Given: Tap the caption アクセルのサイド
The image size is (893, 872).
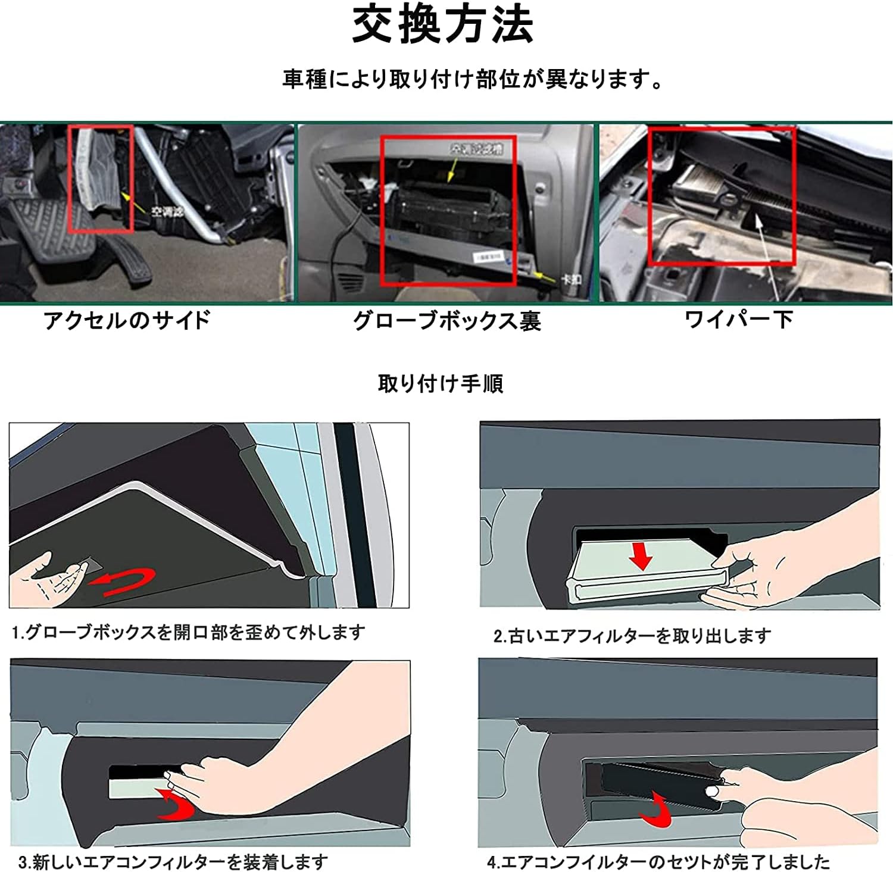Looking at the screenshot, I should point(127,320).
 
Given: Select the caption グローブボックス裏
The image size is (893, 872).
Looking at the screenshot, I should point(447,321).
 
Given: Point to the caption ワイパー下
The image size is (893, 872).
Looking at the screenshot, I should point(738,320).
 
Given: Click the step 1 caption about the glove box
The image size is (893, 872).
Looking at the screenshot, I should point(188,632).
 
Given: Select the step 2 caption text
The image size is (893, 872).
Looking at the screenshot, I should point(632,636).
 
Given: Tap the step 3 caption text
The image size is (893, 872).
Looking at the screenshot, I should point(173,861).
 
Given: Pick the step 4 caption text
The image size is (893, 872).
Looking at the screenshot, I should point(658,861).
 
